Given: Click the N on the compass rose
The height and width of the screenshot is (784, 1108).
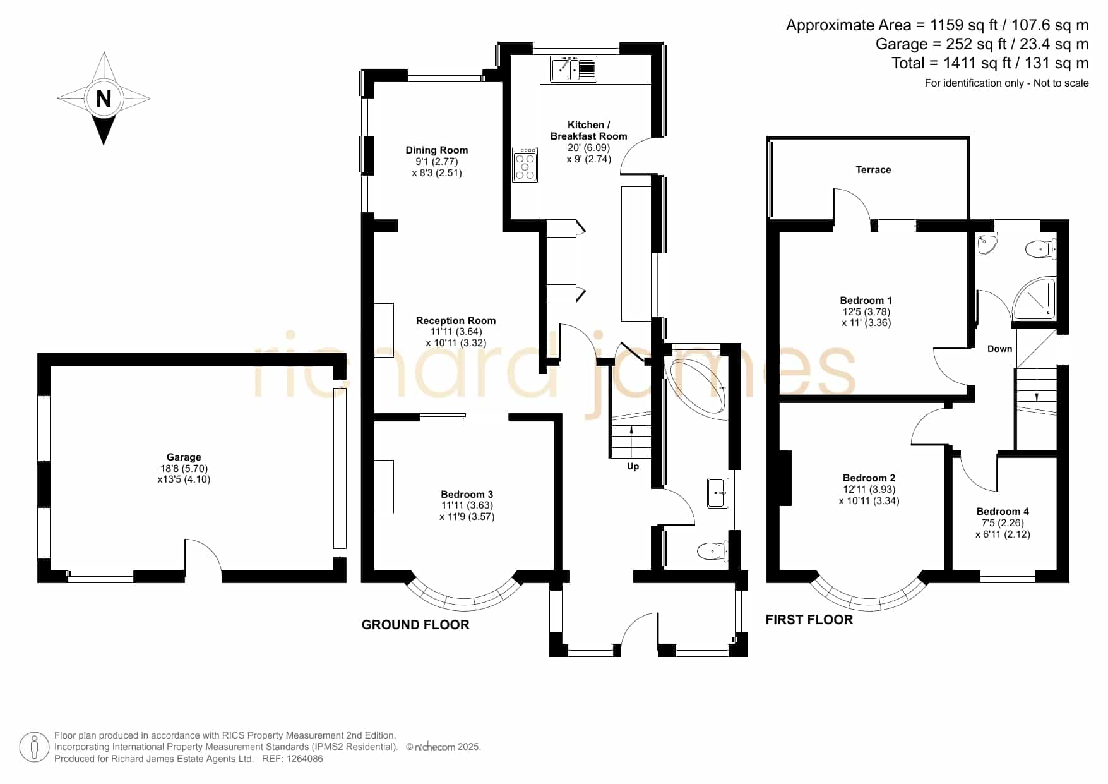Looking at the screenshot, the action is tap(104, 99).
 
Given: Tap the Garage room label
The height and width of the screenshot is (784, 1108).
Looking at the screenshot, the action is tap(184, 457).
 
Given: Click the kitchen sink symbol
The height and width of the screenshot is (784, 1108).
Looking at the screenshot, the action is tap(574, 69).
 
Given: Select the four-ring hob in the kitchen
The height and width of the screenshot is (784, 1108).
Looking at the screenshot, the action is tap(525, 165).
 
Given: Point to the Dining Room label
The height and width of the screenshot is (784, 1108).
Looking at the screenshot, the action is tap(437, 150).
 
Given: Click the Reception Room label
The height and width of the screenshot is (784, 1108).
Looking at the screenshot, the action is tap(456, 321).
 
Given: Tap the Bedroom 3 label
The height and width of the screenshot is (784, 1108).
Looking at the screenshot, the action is tap(467, 495).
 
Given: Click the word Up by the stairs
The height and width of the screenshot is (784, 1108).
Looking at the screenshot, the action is tap(633, 466).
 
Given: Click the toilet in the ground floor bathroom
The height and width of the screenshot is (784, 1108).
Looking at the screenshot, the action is tap(713, 552).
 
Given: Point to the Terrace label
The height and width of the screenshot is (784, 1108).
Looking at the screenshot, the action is tap(873, 170).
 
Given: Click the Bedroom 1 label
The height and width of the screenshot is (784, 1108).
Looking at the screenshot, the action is tap(866, 301).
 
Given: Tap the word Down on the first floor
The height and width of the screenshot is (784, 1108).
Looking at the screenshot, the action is tap(999, 349).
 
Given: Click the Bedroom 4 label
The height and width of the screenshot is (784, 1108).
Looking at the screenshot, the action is tap(1003, 512).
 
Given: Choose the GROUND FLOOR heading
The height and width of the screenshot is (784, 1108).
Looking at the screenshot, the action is tap(415, 625).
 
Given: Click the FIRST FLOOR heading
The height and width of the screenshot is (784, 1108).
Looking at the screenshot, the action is tap(809, 620).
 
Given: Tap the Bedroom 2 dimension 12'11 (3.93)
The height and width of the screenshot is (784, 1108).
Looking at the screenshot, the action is tap(869, 490).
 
